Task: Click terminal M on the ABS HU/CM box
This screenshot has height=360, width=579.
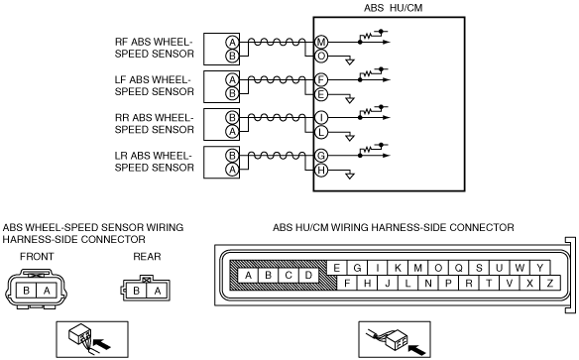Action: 321,42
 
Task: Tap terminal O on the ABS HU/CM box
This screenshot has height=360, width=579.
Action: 321,57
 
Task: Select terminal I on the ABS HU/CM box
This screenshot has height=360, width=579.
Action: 321,117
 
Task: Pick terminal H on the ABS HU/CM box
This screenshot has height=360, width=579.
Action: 321,171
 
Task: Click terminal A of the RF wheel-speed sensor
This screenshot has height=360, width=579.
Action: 232,42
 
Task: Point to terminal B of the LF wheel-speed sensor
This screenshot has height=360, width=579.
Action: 232,94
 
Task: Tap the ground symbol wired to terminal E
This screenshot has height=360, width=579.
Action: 350,100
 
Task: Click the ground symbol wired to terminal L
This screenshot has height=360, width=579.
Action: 350,138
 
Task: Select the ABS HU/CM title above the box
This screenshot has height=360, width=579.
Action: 393,8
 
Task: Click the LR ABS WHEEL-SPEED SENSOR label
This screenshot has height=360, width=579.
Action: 155,162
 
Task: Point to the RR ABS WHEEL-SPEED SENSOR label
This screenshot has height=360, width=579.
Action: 155,123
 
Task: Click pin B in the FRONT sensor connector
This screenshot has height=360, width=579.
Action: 26,291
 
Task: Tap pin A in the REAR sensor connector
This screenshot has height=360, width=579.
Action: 158,291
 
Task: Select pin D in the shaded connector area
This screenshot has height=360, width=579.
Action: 308,275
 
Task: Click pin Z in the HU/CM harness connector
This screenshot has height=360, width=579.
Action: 550,284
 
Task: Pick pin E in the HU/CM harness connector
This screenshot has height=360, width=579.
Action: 336,268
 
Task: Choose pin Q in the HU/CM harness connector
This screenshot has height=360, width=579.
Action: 458,268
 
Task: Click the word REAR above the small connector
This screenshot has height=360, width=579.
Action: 147,256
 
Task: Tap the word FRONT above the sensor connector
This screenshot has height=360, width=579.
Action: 37,256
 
